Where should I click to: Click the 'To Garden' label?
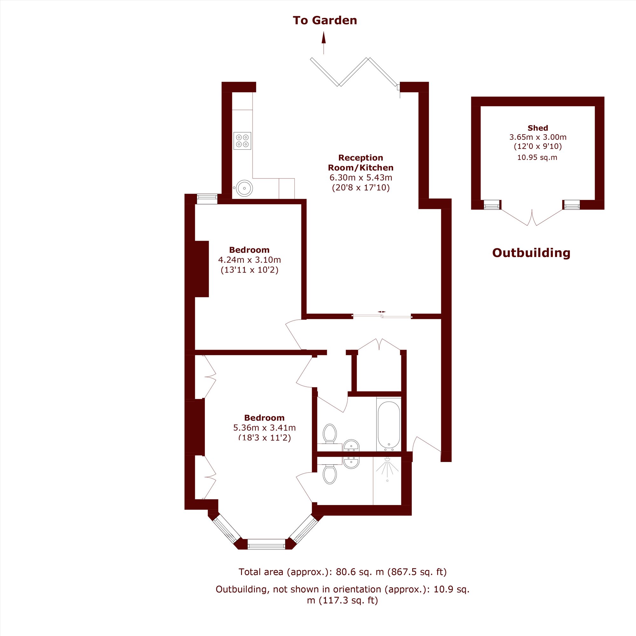[x=325, y=20]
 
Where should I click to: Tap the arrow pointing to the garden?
[x=324, y=43]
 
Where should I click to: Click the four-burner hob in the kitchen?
[x=242, y=141]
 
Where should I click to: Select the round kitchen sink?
[x=244, y=188]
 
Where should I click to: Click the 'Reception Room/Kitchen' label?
[x=361, y=162]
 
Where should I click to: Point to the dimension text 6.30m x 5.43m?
[x=361, y=178]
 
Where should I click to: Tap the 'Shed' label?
[x=537, y=128]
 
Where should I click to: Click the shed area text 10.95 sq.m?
[x=537, y=157]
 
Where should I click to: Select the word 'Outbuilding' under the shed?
[x=531, y=252]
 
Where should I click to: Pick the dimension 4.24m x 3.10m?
[x=250, y=260]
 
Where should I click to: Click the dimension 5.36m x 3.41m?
[x=264, y=428]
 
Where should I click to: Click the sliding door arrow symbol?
[x=382, y=311]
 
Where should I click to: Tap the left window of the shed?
[x=492, y=204]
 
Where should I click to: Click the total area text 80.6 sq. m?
[x=360, y=572]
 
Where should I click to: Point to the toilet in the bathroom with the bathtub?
[x=329, y=434]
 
